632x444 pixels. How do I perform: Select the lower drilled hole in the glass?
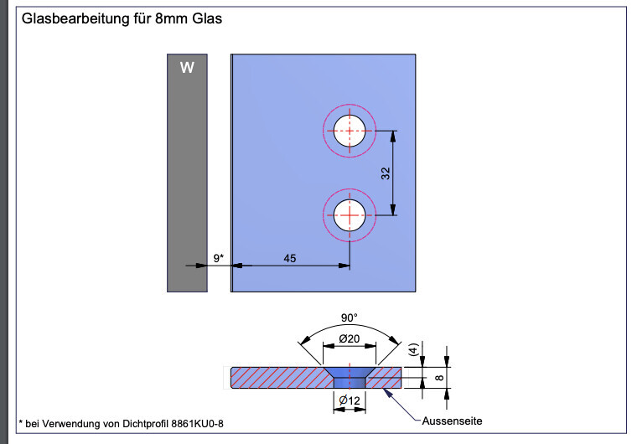tap(349, 215)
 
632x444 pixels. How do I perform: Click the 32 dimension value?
tap(385, 173)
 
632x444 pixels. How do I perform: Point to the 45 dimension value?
tap(290, 259)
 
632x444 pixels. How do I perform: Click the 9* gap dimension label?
tap(218, 259)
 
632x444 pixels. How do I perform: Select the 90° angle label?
tap(350, 318)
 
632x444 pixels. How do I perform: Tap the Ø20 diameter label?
tap(349, 338)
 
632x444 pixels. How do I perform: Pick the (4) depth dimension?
tap(412, 351)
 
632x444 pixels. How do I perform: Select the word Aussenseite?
tap(453, 420)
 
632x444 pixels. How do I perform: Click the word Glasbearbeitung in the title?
tap(73, 18)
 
